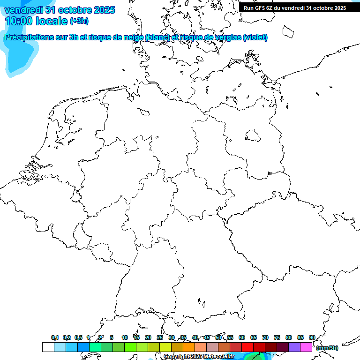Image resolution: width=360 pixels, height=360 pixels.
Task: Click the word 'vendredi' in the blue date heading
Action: pos(23,10)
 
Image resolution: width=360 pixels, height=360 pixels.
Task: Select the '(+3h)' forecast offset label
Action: pos(79,21)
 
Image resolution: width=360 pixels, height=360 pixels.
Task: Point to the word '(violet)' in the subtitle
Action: pos(255,37)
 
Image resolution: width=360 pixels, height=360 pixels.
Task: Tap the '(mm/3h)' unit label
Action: pos(327,348)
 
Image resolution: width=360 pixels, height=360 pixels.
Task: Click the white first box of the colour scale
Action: pos(48,347)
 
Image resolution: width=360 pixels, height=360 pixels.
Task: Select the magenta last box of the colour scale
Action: pos(306,347)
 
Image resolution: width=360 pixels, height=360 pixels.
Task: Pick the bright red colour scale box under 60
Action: pos(247,347)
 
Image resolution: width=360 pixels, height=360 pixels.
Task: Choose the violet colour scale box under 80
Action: pos(294,347)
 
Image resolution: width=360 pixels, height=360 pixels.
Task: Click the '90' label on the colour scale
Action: pos(312,337)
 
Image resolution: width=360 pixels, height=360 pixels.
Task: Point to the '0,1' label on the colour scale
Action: pos(55,337)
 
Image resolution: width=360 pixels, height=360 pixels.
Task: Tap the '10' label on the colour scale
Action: pos(125,337)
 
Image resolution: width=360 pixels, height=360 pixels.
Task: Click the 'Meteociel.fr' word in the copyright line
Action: pos(218,357)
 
